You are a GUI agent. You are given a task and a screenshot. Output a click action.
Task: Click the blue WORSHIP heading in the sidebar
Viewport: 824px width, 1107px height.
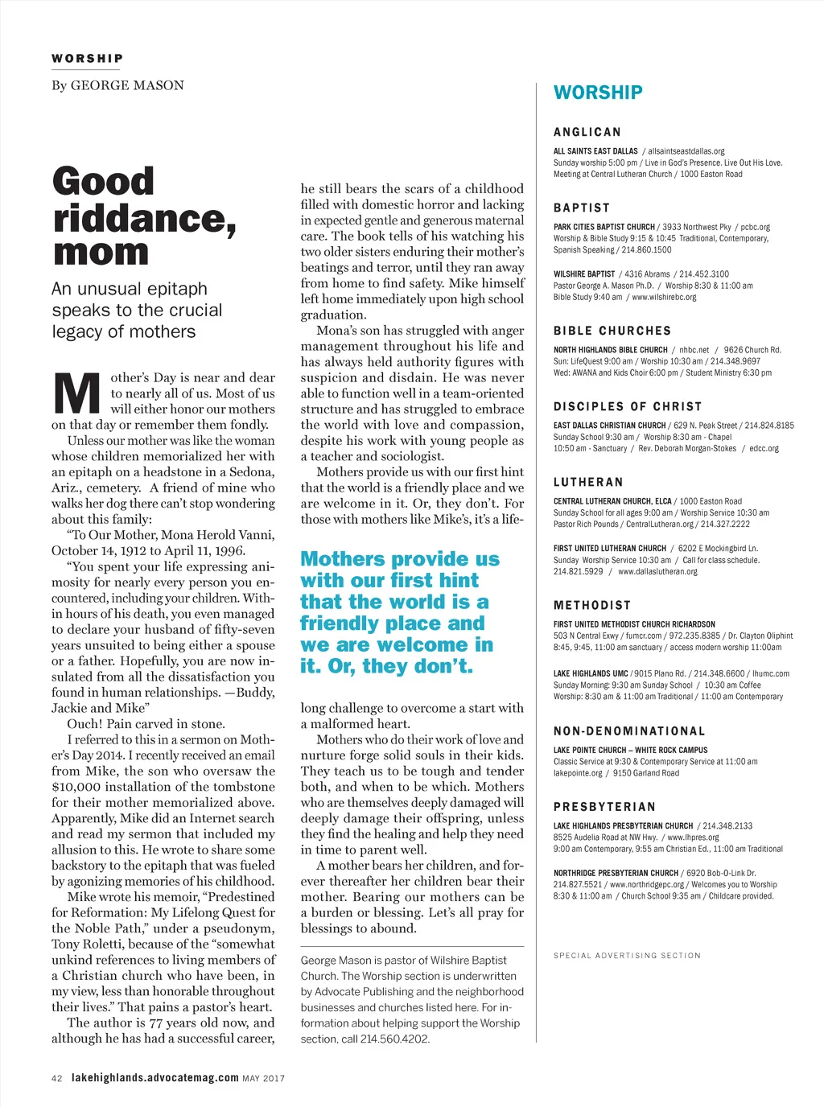coord(598,93)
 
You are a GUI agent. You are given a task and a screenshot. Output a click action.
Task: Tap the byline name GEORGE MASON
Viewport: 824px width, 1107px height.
coord(127,85)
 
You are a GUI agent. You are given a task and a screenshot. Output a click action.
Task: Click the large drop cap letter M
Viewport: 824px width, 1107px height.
coord(77,395)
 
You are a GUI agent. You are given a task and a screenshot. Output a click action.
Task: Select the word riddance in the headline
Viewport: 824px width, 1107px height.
coord(144,218)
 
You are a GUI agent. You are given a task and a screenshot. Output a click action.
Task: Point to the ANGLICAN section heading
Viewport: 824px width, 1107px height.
coord(587,132)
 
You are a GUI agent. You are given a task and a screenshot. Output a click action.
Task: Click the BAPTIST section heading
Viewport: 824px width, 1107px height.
coord(582,208)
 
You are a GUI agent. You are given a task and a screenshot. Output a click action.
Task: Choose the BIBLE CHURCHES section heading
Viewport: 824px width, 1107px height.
coord(612,331)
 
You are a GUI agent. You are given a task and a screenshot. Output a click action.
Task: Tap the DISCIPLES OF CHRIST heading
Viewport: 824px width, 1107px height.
coord(628,406)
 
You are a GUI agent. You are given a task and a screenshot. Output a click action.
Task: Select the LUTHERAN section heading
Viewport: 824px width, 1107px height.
coord(588,482)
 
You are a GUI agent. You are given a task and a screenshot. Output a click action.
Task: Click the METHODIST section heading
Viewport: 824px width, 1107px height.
coord(592,605)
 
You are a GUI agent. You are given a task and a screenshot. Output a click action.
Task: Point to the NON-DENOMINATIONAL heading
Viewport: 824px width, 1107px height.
coord(629,731)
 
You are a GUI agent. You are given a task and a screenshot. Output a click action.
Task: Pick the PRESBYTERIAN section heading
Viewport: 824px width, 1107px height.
coord(604,807)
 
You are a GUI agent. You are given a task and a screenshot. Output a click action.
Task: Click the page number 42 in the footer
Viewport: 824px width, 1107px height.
coord(56,1079)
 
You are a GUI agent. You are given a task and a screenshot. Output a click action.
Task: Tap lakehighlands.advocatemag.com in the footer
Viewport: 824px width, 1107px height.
coord(155,1078)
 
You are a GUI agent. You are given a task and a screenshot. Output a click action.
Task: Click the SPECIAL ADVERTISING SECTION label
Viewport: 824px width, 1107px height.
coord(627,956)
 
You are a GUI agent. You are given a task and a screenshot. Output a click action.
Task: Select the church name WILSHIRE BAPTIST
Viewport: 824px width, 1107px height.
coord(584,274)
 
